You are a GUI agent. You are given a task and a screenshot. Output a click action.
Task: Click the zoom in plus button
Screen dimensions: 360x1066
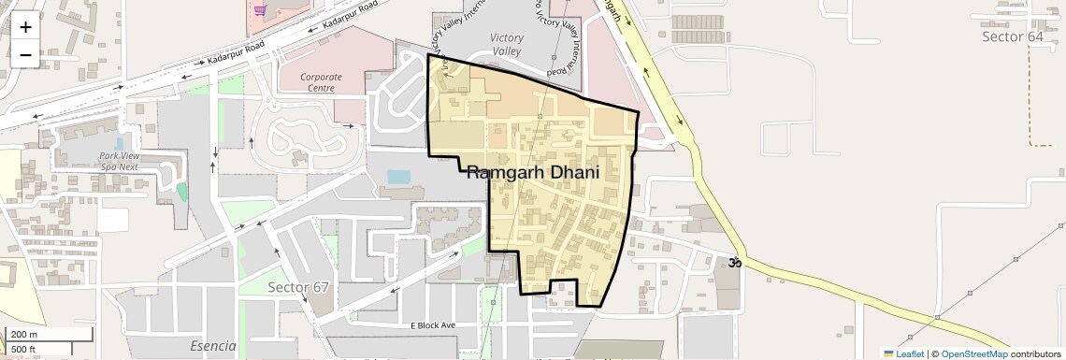tap(25, 26)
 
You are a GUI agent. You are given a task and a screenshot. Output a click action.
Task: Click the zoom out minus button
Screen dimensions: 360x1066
tap(25, 54)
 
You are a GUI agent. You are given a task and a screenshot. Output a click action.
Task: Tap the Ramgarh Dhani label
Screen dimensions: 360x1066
tap(545, 173)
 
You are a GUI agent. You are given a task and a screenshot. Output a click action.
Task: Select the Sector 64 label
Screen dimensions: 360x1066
tap(1013, 36)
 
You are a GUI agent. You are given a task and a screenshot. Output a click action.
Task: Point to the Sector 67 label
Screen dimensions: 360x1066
tap(298, 286)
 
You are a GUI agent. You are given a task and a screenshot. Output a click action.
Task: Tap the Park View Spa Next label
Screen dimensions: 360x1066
tap(119, 161)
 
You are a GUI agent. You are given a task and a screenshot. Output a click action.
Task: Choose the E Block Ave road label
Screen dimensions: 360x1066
tap(433, 325)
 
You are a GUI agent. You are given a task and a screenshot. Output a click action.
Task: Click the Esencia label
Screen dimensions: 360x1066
tap(213, 346)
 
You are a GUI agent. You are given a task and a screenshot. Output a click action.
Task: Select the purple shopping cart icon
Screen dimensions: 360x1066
tap(260, 10)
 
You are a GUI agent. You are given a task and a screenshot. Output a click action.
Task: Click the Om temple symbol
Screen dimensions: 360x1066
tap(735, 263)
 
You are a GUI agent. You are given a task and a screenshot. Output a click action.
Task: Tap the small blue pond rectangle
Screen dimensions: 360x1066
tap(397, 176)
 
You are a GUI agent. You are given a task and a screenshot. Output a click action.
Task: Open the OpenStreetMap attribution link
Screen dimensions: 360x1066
tap(973, 353)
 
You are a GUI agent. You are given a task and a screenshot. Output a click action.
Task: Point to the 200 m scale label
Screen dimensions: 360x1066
tap(24, 335)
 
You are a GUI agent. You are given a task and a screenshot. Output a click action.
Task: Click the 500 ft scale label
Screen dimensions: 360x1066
tap(23, 350)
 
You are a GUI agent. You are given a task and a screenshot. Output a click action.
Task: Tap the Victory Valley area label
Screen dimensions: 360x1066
tap(506, 44)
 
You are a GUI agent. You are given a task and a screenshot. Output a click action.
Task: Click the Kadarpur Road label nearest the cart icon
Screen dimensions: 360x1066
tap(349, 17)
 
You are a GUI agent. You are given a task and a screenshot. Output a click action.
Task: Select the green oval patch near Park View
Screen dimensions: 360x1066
tap(181, 192)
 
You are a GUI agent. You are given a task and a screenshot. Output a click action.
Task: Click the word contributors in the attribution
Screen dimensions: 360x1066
tap(1035, 353)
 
